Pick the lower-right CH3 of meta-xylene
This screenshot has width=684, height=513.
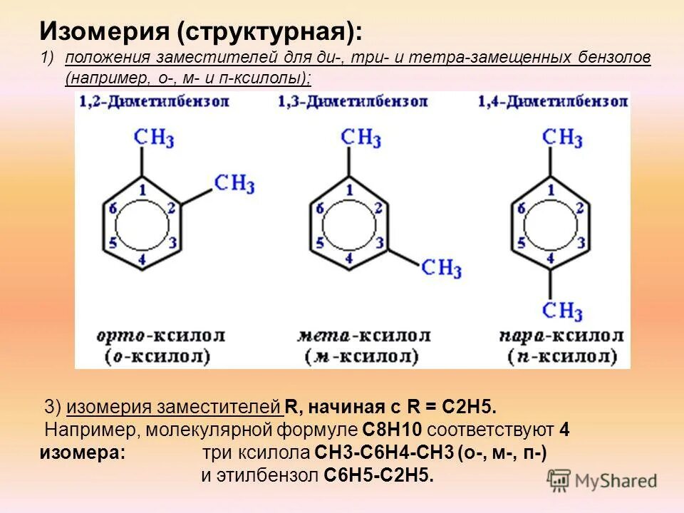pyautogui.click(x=441, y=269)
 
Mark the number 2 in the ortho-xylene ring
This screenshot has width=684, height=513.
pyautogui.click(x=171, y=208)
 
